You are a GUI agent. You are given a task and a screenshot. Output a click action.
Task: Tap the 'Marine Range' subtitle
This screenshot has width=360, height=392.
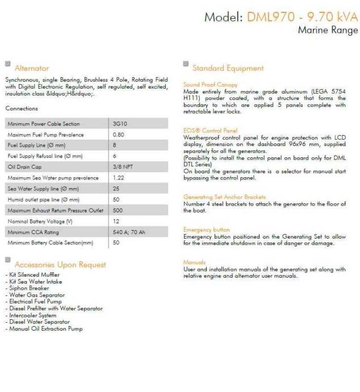click(x=328, y=30)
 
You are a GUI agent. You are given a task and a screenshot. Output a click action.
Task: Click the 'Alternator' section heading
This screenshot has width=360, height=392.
click(x=32, y=68)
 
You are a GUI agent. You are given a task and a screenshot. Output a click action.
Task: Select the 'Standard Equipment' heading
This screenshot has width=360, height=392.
click(x=228, y=68)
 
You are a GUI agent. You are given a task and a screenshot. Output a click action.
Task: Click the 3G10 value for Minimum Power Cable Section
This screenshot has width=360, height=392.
click(x=120, y=124)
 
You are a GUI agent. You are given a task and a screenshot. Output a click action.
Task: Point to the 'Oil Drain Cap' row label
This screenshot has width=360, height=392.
click(x=24, y=167)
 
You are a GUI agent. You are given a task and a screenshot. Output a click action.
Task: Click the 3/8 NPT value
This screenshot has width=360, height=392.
click(x=122, y=167)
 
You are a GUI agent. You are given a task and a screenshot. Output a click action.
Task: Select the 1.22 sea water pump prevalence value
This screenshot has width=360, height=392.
click(x=118, y=178)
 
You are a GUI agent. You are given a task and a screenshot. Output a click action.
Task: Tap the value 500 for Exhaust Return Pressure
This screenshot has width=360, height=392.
click(x=118, y=211)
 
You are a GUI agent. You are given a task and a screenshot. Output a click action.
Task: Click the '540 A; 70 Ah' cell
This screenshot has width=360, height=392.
click(x=128, y=232)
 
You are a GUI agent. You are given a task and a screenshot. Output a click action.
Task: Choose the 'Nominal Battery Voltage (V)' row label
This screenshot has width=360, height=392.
click(x=40, y=222)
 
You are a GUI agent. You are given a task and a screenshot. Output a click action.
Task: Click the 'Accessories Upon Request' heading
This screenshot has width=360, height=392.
click(x=60, y=264)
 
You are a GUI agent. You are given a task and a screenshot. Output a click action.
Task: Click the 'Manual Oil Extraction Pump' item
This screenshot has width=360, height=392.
click(x=44, y=329)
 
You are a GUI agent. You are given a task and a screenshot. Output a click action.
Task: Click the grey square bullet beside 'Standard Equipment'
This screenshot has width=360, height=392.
click(x=186, y=64)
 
